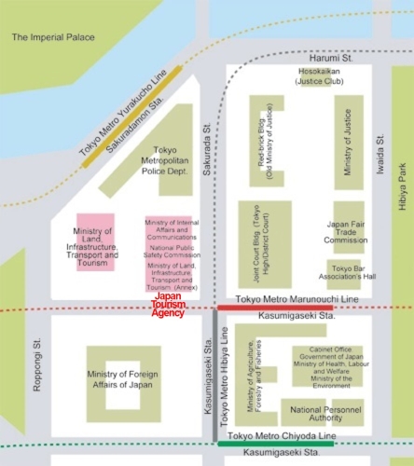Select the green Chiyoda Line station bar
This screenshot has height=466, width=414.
[266, 443]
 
